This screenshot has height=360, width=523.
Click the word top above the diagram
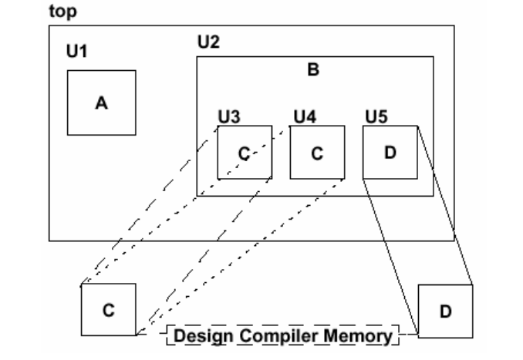(59, 12)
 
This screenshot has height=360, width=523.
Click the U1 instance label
(76, 52)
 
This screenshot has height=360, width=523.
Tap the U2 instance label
(208, 42)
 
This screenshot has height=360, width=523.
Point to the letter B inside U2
(313, 70)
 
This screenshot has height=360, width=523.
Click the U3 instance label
(228, 116)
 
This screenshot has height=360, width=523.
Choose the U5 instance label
(376, 116)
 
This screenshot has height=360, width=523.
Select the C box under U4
(316, 152)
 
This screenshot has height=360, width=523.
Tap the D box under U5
(390, 152)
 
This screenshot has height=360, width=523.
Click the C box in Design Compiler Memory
(108, 309)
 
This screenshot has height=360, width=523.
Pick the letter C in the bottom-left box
(108, 309)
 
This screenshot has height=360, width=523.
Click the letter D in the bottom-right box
(445, 311)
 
